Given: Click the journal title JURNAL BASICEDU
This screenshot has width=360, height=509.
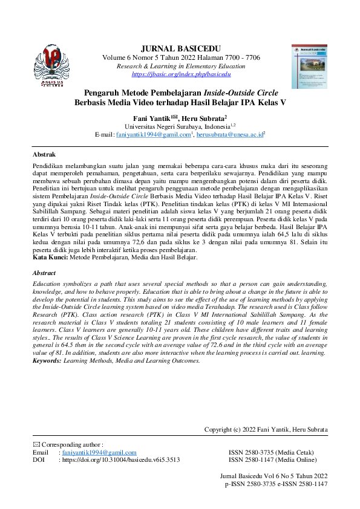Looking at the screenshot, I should coord(181,48).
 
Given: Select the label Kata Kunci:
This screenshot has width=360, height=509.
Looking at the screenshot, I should coord(51,258).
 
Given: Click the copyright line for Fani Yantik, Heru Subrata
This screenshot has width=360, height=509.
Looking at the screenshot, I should coord(266,430).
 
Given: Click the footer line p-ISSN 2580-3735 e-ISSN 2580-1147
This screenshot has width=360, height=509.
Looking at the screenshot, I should coord(276,484).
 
